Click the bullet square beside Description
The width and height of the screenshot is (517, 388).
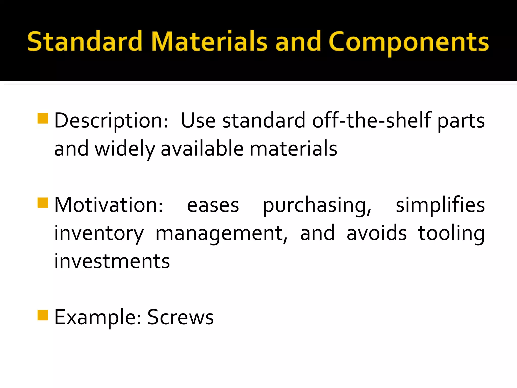(43, 118)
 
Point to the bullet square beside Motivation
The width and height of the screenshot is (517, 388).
(43, 203)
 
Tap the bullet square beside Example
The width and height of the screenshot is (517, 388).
(43, 315)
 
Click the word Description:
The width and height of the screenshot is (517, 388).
(111, 121)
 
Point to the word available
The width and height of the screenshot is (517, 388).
(202, 149)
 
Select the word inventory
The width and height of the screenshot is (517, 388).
(99, 233)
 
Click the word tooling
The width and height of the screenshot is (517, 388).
(451, 233)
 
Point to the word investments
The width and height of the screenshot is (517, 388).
(112, 261)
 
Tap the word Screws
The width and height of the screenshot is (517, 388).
(180, 317)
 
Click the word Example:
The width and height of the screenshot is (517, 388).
(98, 318)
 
